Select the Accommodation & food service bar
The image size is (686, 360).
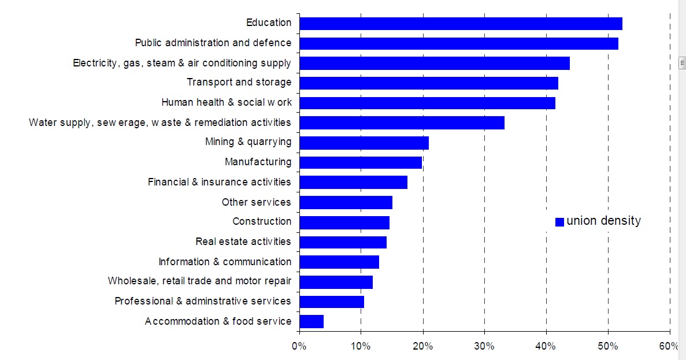click(x=312, y=321)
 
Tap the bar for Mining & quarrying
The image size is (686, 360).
click(x=364, y=143)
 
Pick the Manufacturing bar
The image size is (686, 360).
click(x=361, y=162)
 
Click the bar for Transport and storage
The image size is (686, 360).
click(x=429, y=83)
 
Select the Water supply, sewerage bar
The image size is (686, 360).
click(x=402, y=123)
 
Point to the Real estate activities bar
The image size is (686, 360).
click(x=343, y=242)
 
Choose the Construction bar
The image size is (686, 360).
click(x=344, y=222)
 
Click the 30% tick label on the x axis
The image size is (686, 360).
click(x=484, y=346)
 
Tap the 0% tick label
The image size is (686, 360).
click(x=299, y=346)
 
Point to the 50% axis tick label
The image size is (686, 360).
click(x=608, y=346)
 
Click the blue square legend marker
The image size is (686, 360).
click(x=559, y=222)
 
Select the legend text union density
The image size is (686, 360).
click(x=603, y=221)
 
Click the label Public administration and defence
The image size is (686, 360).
click(x=213, y=43)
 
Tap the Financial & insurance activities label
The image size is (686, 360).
click(x=219, y=182)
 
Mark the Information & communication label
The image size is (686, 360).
click(x=225, y=262)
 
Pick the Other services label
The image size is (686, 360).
click(x=256, y=202)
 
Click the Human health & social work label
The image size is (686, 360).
click(x=226, y=102)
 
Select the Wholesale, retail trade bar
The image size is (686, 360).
click(x=336, y=282)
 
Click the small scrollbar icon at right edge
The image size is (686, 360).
click(x=682, y=62)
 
